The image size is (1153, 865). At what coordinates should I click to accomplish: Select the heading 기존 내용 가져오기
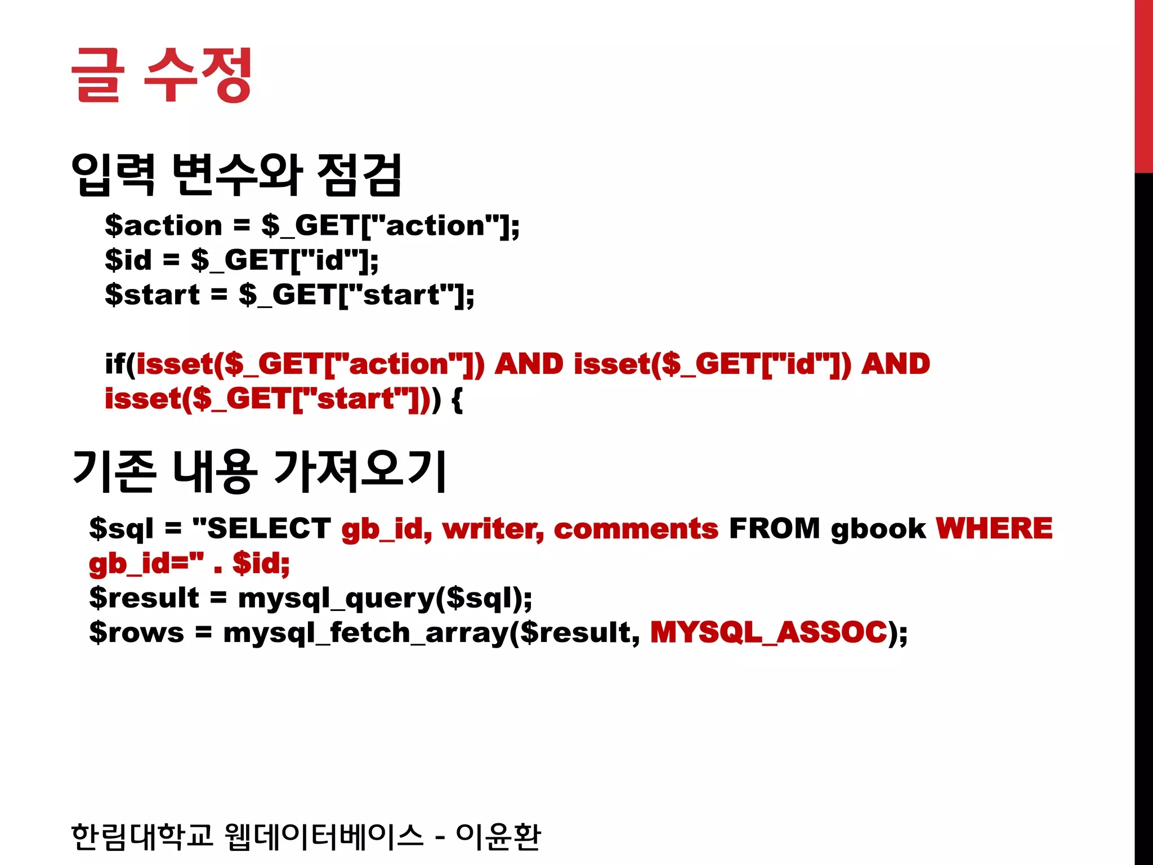point(259,471)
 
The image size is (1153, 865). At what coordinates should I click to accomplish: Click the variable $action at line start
point(164,226)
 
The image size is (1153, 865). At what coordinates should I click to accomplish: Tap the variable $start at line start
point(152,295)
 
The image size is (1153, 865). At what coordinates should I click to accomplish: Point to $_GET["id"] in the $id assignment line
point(284,260)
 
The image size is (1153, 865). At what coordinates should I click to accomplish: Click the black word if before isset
point(115,364)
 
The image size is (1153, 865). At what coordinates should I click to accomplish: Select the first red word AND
point(529,364)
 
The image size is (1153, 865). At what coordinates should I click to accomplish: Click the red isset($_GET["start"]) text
point(268,399)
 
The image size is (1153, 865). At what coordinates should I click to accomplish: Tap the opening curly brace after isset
point(457,400)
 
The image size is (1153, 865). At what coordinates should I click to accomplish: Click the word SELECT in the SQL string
point(269,528)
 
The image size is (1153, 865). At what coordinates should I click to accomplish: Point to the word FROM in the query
point(774,528)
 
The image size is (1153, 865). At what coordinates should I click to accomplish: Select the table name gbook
point(878,528)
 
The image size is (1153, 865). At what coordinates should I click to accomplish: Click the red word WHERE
point(994,528)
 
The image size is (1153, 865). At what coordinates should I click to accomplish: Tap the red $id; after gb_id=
point(261,563)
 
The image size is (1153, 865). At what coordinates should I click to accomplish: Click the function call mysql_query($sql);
point(385,598)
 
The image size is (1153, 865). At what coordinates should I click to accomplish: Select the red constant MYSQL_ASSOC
point(769,632)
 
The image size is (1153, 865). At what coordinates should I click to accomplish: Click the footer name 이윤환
point(498,836)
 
